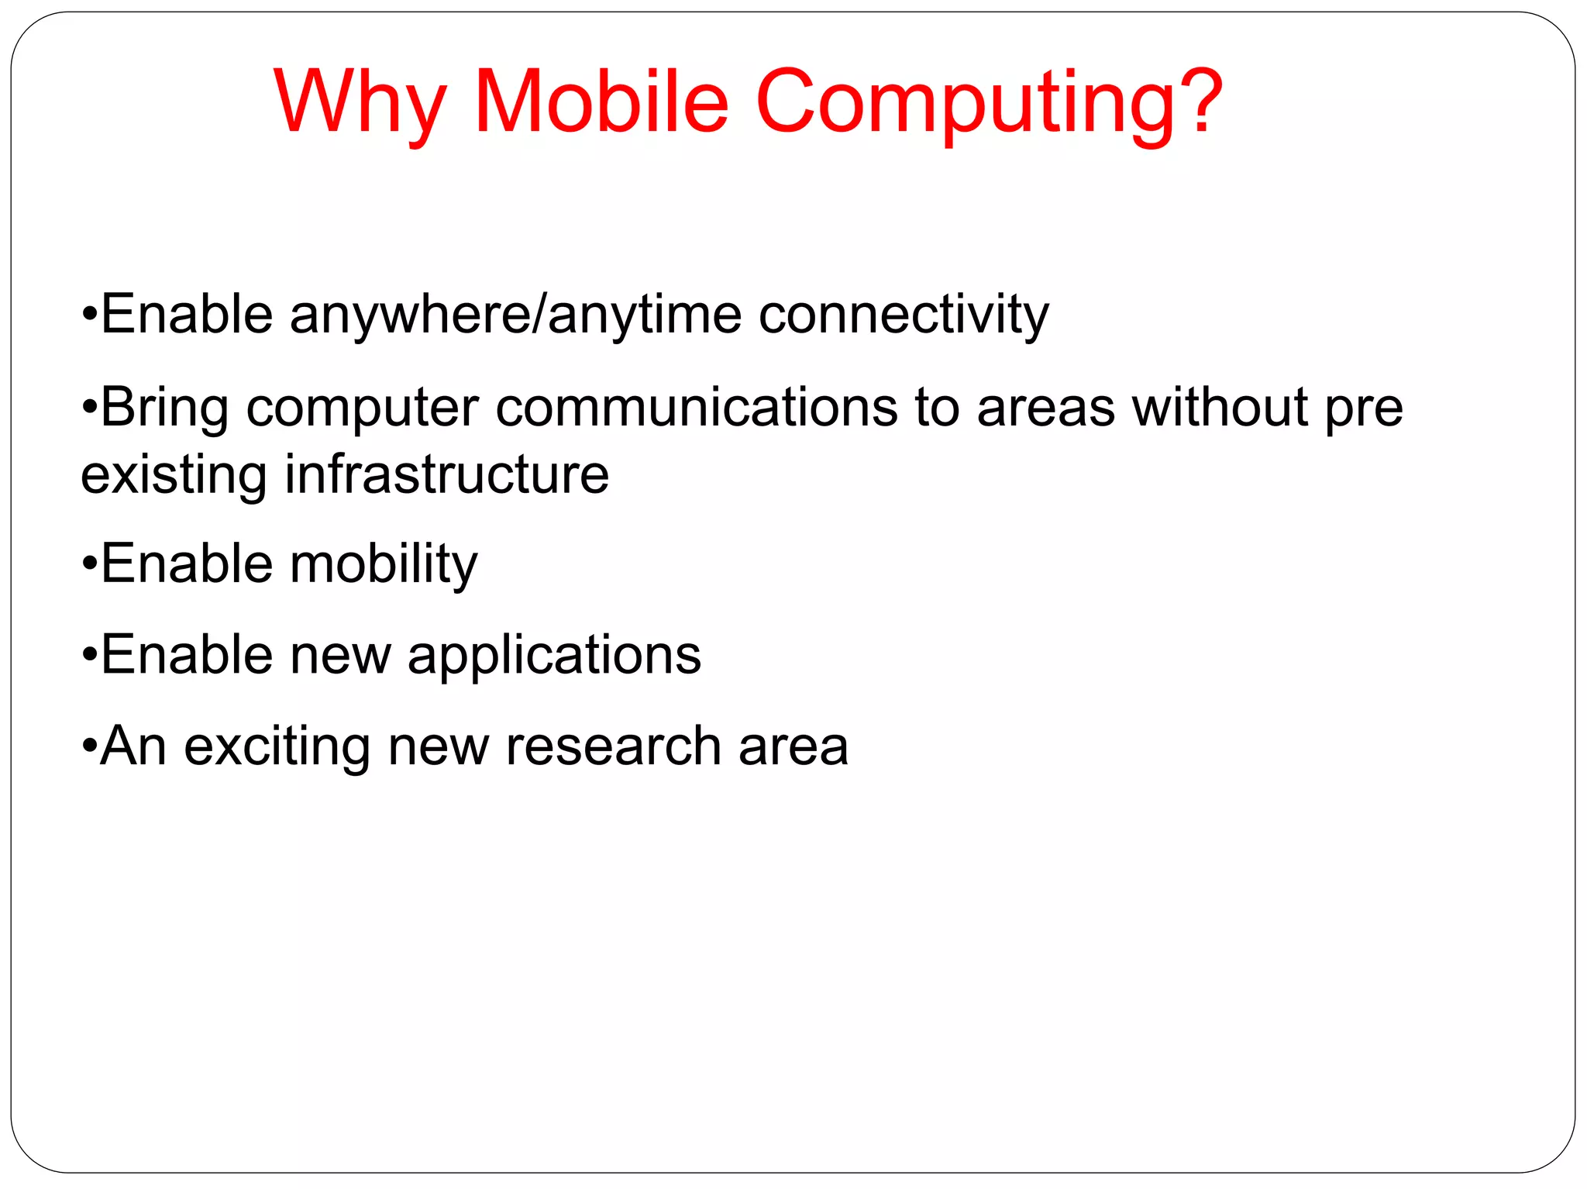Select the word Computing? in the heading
click(x=989, y=103)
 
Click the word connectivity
click(x=903, y=315)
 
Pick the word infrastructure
click(x=447, y=474)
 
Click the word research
click(x=613, y=746)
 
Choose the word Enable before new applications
click(x=186, y=655)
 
